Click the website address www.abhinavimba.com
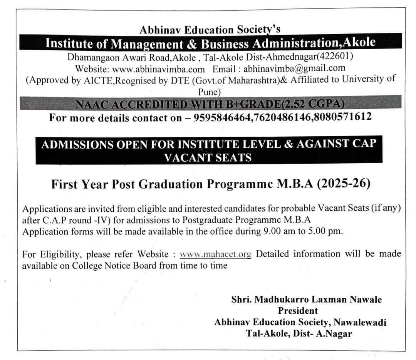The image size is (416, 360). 164,69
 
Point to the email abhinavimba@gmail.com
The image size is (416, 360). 294,69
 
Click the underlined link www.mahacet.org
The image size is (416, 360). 215,254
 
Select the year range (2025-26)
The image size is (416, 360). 344,184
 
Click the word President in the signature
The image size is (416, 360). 298,310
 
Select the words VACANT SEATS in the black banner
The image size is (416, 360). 208,157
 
